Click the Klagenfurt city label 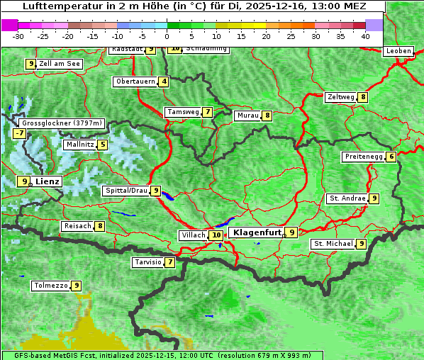[256, 232]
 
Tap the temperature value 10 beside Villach [216, 235]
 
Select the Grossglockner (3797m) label [62, 123]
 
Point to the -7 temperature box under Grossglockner [19, 133]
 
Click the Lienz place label [48, 181]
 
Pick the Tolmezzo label [51, 286]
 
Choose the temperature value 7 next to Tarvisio [170, 262]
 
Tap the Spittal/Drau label [126, 191]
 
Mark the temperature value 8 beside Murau [267, 116]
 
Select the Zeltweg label [341, 97]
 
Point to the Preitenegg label [364, 157]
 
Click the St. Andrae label [347, 198]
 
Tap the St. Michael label [333, 244]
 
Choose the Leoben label [398, 51]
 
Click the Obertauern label [135, 81]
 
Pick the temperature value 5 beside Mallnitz [103, 145]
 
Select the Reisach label [77, 226]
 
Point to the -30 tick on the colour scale [18, 35]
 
